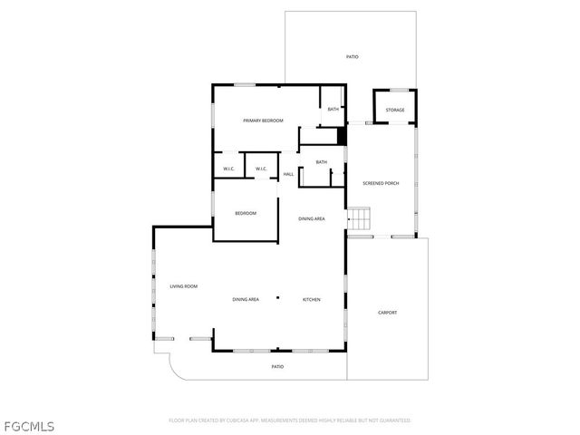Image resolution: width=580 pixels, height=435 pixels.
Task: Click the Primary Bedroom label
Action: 263,121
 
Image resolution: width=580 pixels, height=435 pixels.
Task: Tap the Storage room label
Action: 395,111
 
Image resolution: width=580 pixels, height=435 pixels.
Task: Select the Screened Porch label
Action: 381,183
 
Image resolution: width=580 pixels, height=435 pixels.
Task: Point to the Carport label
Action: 387,313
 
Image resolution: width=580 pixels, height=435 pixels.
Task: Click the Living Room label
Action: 183,286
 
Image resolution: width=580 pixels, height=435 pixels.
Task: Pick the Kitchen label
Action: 311,299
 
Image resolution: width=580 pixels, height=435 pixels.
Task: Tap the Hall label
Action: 288,174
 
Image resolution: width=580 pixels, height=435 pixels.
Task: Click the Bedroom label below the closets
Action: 246,213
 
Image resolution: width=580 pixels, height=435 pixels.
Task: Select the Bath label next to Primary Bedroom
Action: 333,110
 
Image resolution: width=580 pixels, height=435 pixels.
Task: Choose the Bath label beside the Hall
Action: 321,162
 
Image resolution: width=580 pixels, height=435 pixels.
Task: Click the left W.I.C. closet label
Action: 229,169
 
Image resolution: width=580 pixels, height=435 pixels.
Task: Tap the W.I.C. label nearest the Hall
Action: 260,169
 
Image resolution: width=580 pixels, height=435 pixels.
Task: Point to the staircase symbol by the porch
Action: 361,218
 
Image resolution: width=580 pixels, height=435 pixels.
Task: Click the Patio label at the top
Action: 352,57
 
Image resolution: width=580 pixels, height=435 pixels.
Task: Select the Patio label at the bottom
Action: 277,366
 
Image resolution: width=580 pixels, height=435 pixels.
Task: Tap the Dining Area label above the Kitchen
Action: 313,218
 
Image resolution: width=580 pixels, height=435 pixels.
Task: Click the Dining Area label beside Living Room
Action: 246,299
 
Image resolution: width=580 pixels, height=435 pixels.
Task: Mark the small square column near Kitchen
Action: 279,298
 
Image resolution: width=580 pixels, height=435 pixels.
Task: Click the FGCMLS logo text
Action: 29,424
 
